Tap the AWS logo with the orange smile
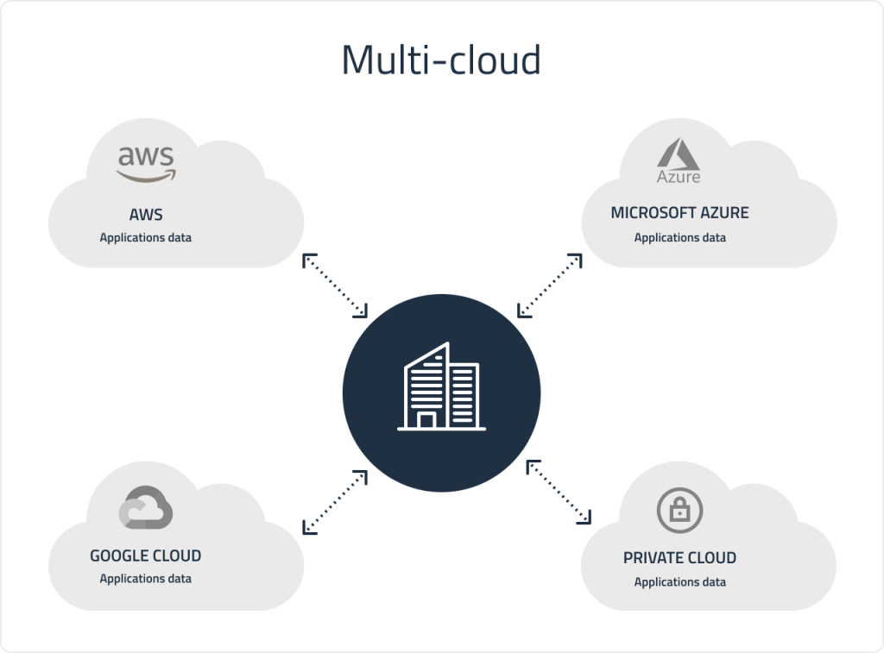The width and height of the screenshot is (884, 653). [x=146, y=163]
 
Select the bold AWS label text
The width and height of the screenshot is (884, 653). [x=145, y=213]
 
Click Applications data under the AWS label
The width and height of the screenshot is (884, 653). [x=145, y=237]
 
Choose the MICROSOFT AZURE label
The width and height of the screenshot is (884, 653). [x=679, y=213]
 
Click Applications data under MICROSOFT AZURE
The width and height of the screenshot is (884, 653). [x=679, y=237]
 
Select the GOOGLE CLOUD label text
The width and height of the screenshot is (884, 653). [x=145, y=556]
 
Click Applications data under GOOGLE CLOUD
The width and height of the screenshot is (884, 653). [x=145, y=579]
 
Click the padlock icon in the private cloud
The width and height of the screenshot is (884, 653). [x=679, y=510]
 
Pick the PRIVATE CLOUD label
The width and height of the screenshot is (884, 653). [x=679, y=558]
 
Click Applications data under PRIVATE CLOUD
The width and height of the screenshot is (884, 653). [x=679, y=582]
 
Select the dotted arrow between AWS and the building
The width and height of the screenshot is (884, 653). [x=335, y=286]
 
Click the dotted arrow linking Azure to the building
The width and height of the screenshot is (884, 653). [x=548, y=286]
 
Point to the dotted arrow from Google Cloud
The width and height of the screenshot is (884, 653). [x=335, y=501]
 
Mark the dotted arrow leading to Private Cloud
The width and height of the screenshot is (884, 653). [x=559, y=492]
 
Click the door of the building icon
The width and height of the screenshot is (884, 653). [x=426, y=420]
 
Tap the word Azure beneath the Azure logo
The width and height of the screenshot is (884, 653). [x=679, y=177]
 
